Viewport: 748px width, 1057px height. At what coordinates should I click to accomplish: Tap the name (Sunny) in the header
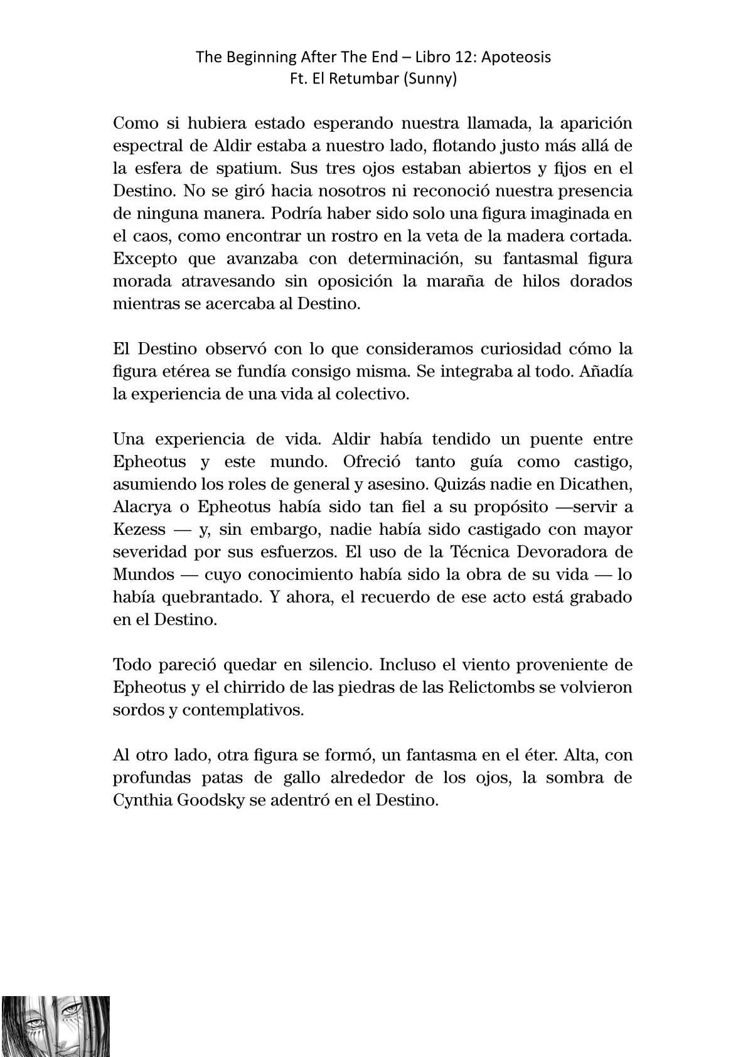coord(432,80)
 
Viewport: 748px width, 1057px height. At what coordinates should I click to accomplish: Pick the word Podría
coord(297,213)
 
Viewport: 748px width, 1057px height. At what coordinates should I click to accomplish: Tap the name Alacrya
coord(140,507)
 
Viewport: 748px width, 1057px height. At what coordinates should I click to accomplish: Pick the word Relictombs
coord(489,687)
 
